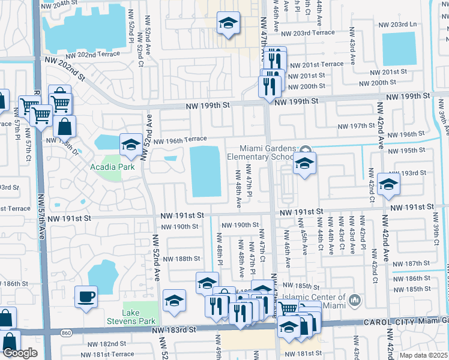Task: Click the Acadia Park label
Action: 113,167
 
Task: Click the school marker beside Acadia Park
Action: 131,144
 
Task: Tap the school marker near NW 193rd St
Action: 388,184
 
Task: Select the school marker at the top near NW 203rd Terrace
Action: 228,23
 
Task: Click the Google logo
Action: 20,353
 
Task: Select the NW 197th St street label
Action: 356,126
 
